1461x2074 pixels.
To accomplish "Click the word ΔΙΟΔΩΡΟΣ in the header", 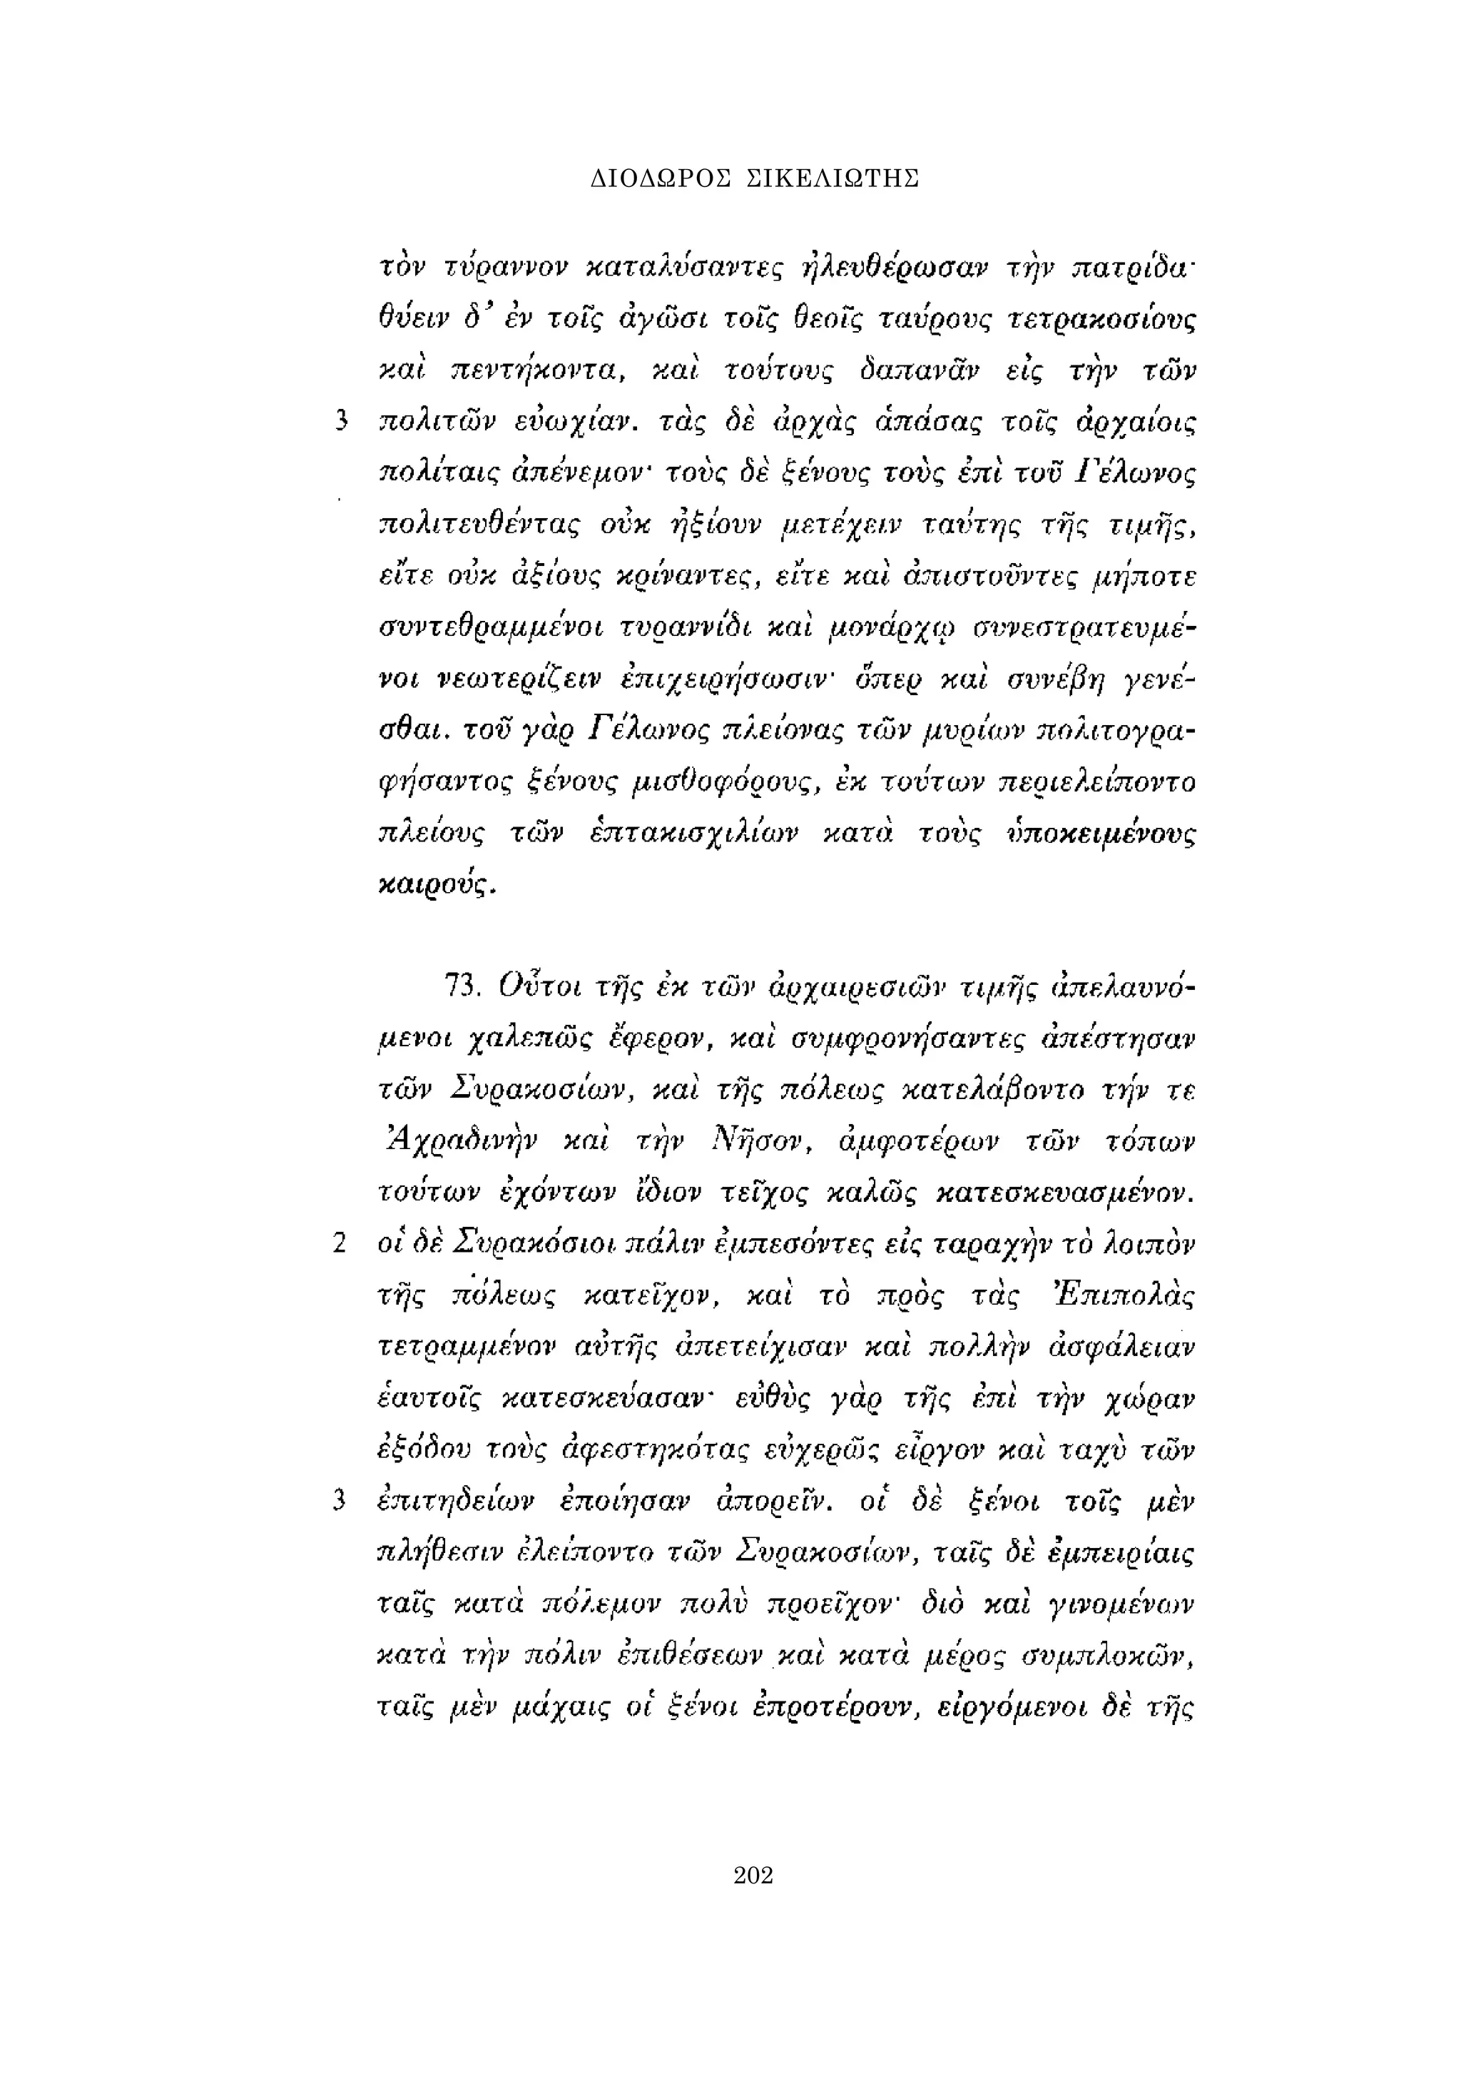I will point(660,179).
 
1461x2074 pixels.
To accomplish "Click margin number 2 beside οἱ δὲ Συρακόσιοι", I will point(340,1245).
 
